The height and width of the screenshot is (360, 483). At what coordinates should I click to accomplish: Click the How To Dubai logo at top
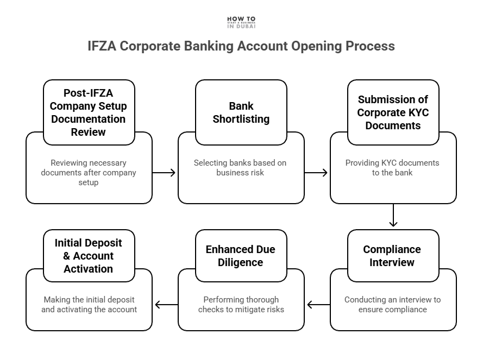point(241,22)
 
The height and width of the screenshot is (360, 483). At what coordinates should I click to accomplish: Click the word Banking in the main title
point(207,46)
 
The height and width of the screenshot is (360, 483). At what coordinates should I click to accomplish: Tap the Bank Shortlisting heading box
point(241,112)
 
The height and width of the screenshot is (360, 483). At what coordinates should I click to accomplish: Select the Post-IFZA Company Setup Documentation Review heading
point(89,112)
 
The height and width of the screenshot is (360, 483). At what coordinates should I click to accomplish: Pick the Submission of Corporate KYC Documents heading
point(393,112)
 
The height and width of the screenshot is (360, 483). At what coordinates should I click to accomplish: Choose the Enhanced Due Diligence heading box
point(241,256)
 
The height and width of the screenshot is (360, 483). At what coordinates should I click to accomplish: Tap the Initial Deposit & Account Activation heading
point(89,256)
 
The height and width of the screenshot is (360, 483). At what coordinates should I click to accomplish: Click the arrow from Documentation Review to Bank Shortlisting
point(165,173)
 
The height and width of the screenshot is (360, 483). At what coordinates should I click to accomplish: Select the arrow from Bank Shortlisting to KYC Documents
point(317,173)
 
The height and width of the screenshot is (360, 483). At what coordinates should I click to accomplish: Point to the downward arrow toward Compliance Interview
point(393,216)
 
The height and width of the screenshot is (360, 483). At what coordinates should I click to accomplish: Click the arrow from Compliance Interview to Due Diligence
point(317,305)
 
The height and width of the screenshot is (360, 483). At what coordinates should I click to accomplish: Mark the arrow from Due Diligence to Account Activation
point(165,305)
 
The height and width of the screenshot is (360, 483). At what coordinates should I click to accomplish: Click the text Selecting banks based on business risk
point(240,168)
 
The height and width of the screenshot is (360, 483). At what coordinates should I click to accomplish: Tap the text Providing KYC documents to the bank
point(392,168)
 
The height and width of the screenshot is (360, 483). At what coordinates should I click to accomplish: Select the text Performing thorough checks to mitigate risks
point(241,305)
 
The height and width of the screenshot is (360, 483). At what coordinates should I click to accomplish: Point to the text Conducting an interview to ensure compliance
point(392,305)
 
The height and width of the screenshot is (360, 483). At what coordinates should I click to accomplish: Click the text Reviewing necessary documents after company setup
point(89,173)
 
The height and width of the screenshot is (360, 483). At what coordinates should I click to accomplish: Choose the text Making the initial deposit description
point(89,305)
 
